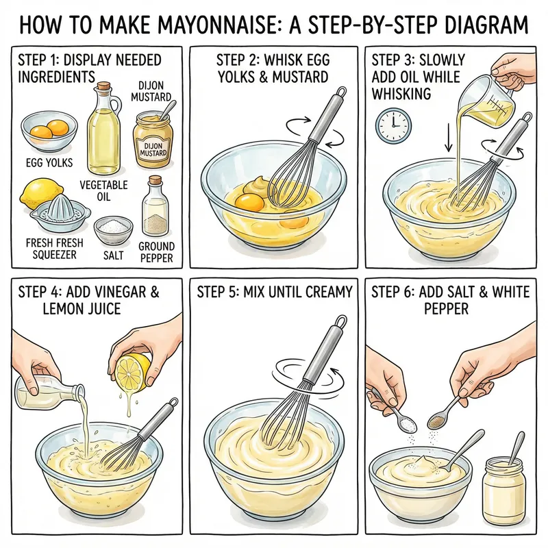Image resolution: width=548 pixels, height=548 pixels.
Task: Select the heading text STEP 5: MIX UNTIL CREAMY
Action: pos(274,292)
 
